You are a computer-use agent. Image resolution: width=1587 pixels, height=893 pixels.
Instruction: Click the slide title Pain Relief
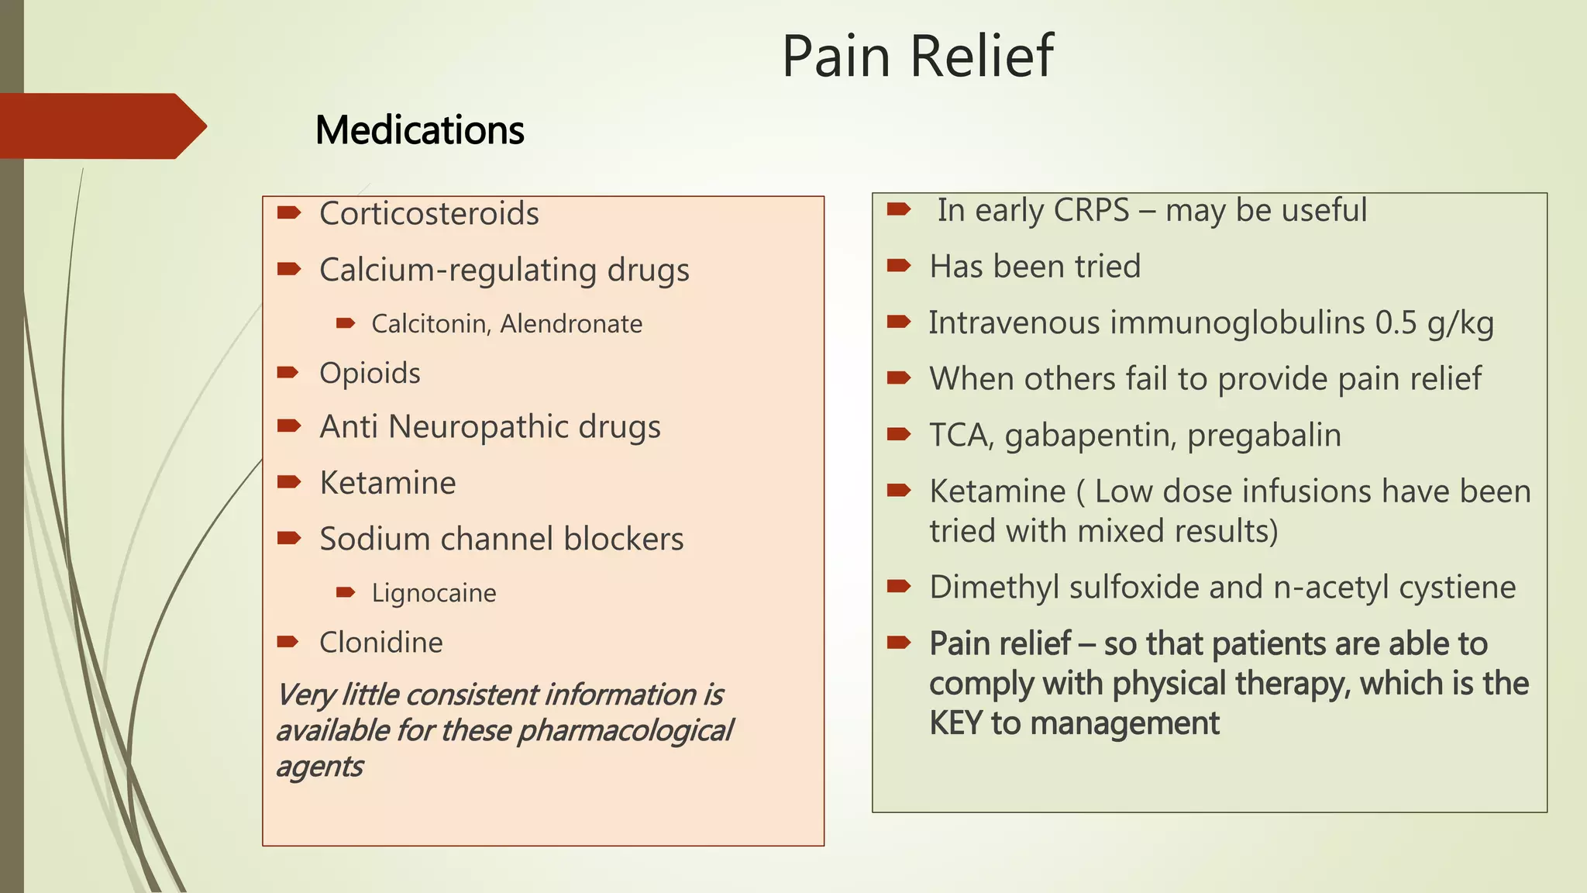[x=917, y=56]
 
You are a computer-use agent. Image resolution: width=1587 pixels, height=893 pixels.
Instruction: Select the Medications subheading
[x=419, y=129]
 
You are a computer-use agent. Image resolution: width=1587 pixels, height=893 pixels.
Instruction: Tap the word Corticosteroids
[x=429, y=213]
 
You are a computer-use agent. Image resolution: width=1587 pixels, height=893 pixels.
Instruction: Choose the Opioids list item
[x=370, y=373]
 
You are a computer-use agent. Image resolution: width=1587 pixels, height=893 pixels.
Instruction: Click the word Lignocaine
[x=434, y=593]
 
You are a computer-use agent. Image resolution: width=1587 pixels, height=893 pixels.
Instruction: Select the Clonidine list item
[x=380, y=642]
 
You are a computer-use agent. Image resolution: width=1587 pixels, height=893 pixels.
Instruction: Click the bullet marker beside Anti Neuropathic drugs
[x=289, y=426]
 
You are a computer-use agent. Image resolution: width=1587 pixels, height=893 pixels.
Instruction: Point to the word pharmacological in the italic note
[x=625, y=730]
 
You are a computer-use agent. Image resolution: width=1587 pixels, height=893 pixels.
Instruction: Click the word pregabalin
[x=1264, y=435]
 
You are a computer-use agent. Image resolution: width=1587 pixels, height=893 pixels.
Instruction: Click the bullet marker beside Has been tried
[x=899, y=266]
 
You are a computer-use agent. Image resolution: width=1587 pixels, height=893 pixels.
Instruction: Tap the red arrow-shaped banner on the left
[x=101, y=126]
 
